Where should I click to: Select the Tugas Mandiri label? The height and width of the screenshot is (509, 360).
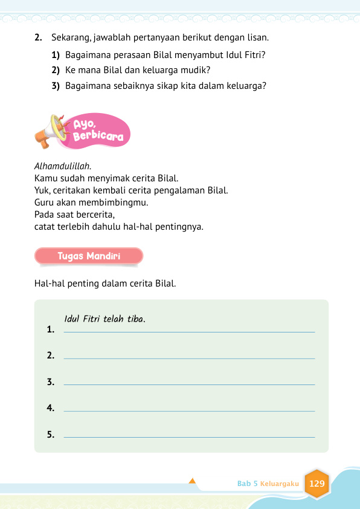pyautogui.click(x=89, y=256)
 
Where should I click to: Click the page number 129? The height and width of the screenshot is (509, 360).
pyautogui.click(x=317, y=484)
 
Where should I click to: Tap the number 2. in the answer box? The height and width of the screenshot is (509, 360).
pyautogui.click(x=51, y=356)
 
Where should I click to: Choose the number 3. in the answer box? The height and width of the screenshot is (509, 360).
pyautogui.click(x=51, y=382)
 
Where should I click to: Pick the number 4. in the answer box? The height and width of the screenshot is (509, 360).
pyautogui.click(x=51, y=409)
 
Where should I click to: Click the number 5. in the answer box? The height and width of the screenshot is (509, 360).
pyautogui.click(x=51, y=435)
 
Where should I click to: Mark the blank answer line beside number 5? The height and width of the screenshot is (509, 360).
pyautogui.click(x=188, y=436)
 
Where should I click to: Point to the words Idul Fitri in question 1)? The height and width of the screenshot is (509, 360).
pyautogui.click(x=246, y=55)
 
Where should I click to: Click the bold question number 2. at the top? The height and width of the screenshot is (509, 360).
pyautogui.click(x=38, y=38)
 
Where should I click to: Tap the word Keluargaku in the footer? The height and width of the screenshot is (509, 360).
pyautogui.click(x=280, y=484)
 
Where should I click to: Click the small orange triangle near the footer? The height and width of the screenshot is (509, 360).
pyautogui.click(x=192, y=481)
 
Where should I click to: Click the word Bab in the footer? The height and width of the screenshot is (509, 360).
pyautogui.click(x=244, y=484)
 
